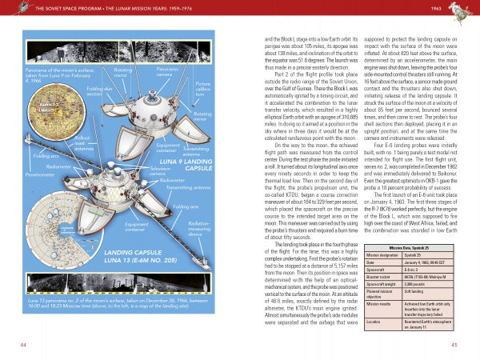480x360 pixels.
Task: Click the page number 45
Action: [454, 344]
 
